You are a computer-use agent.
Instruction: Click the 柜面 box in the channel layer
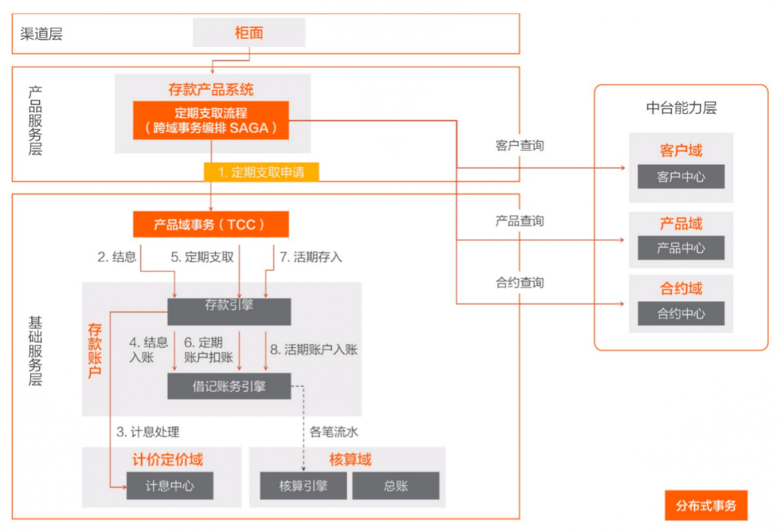(249, 33)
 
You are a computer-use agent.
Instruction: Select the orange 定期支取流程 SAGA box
(210, 121)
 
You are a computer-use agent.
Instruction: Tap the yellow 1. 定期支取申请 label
(260, 172)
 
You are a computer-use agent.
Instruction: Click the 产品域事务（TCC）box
(210, 224)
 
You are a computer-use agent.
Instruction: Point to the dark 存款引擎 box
(229, 311)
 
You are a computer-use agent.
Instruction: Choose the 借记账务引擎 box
(229, 387)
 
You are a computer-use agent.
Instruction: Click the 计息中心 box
(170, 486)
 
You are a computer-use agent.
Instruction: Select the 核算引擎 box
(303, 486)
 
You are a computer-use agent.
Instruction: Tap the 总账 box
(396, 486)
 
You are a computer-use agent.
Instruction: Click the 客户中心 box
(680, 177)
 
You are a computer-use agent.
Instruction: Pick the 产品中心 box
(680, 248)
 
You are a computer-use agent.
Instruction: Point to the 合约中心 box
(680, 314)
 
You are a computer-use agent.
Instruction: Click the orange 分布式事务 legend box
(706, 505)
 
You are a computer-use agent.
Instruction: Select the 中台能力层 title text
(680, 109)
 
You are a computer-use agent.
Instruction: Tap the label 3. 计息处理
(148, 432)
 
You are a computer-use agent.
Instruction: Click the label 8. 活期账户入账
(313, 349)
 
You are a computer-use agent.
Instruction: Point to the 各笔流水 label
(334, 432)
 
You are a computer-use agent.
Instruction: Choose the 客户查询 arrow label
(519, 145)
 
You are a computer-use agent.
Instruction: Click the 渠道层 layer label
(41, 33)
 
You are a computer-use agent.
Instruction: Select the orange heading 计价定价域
(167, 460)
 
